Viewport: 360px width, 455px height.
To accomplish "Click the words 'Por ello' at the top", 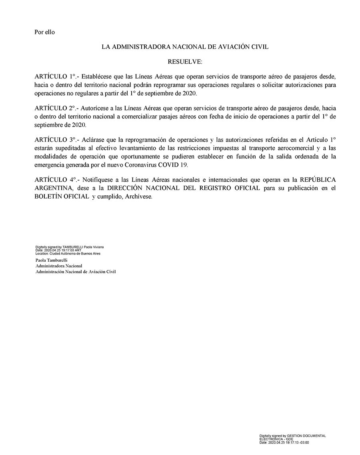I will pyautogui.click(x=45, y=32).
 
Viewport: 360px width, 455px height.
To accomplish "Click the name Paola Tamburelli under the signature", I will pyautogui.click(x=52, y=260).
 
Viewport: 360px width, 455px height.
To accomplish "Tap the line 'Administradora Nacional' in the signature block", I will pyautogui.click(x=59, y=266).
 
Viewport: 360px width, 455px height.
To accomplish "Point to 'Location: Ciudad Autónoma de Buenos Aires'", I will pyautogui.click(x=68, y=253).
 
